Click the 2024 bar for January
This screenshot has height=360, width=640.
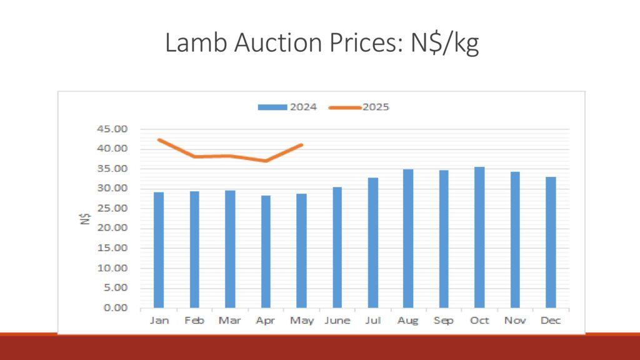point(159,250)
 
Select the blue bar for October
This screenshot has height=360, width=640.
point(479,237)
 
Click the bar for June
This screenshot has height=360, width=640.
point(337,247)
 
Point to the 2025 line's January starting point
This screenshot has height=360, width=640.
point(159,140)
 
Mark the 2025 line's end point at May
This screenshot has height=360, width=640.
point(301,145)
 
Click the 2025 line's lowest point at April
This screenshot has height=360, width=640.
point(266,161)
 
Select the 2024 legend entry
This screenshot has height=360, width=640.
point(288,107)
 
